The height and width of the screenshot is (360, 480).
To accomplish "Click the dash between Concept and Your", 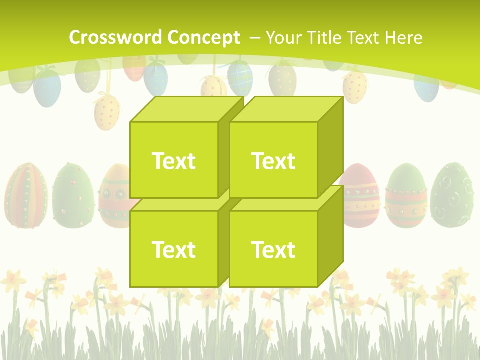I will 254,38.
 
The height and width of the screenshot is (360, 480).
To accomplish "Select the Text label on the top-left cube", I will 173,161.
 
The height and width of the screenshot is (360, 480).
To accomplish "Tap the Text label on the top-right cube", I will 273,161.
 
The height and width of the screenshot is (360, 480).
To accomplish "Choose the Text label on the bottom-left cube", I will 173,249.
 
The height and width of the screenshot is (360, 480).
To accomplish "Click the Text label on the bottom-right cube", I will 273,249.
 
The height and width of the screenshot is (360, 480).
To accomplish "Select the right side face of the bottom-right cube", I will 330,235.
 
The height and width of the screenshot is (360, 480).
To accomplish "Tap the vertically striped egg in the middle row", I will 26,195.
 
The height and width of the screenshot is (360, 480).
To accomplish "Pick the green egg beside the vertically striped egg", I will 73,195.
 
